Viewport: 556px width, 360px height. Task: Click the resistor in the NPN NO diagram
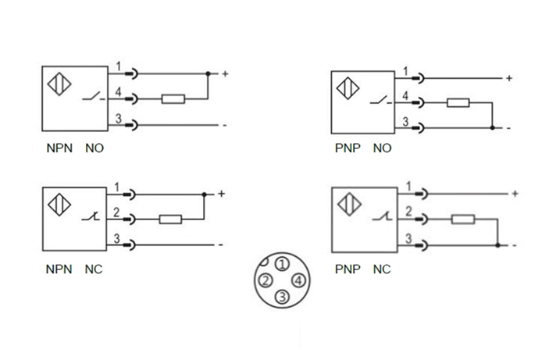tap(173, 99)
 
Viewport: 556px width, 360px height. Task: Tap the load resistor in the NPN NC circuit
tap(170, 219)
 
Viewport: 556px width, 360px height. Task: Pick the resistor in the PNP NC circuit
tap(463, 219)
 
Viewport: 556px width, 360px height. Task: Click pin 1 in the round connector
tap(283, 263)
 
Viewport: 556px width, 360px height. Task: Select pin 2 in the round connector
tap(266, 280)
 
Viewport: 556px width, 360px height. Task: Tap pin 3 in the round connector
tap(283, 297)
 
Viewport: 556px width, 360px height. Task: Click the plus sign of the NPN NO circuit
tap(225, 74)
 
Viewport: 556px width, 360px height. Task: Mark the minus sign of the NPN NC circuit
tap(222, 245)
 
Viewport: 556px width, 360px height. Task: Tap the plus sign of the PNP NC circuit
tap(515, 193)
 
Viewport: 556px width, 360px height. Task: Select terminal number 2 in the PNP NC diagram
tap(408, 212)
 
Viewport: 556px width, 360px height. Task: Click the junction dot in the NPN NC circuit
tap(204, 194)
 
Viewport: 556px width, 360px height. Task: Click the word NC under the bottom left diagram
tap(94, 269)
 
